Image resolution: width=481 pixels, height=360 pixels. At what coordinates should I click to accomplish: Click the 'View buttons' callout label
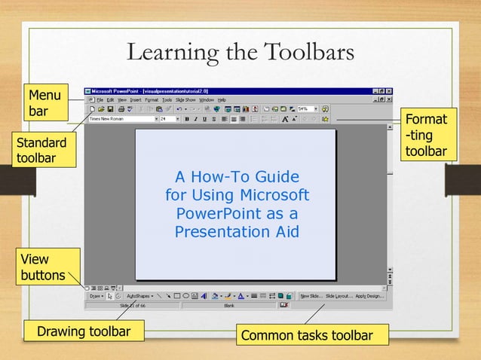[x=41, y=267]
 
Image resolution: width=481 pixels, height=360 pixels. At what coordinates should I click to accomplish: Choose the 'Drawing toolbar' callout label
[x=84, y=331]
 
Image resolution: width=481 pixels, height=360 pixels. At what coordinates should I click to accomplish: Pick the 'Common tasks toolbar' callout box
[x=306, y=335]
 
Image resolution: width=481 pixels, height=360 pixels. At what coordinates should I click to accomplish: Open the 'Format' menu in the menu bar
[x=152, y=99]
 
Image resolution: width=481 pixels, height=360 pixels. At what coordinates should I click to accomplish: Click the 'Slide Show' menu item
[x=185, y=99]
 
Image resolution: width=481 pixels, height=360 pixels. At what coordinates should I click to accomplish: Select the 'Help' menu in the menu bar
[x=222, y=99]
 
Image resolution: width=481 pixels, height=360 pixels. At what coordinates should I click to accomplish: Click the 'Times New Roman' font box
[x=121, y=118]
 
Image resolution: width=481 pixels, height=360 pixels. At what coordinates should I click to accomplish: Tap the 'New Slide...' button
[x=311, y=296]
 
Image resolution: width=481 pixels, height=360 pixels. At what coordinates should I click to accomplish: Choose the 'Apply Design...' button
[x=370, y=296]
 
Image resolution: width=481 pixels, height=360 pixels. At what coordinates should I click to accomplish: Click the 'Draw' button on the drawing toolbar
[x=96, y=296]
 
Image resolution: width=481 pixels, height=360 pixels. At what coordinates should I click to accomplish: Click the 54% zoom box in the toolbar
[x=305, y=108]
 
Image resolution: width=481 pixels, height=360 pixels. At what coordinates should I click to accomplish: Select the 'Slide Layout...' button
[x=340, y=296]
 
